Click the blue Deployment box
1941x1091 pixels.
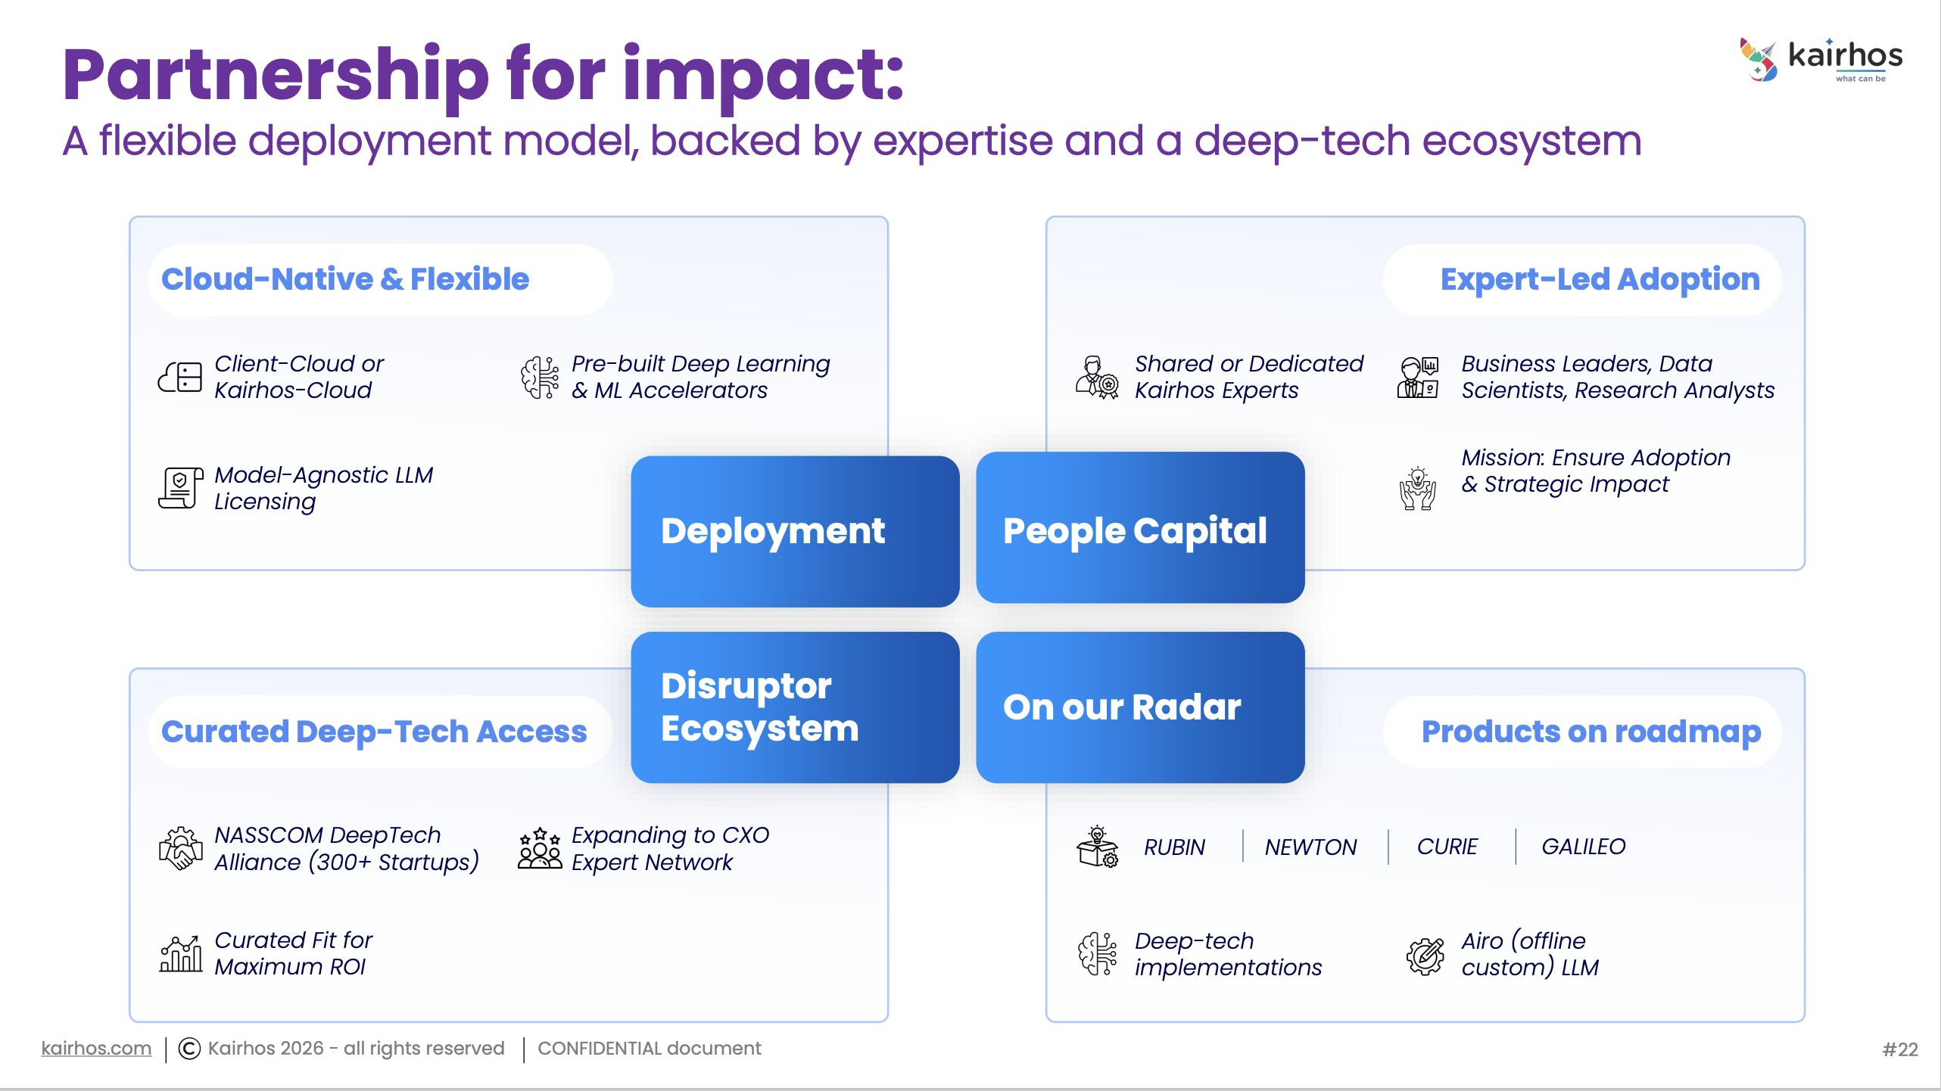795,531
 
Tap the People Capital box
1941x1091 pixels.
1140,528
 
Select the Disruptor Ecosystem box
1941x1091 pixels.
795,707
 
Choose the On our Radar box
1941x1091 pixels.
1140,707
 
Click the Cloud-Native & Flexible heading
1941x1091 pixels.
345,279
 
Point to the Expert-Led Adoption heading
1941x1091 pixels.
1600,279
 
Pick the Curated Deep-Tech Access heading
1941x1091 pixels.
374,732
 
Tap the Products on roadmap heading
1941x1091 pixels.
1590,732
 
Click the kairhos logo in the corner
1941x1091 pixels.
1820,59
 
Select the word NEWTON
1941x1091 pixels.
1310,847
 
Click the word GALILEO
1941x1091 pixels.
1583,847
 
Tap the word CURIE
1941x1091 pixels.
1447,847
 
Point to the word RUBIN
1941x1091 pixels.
1174,847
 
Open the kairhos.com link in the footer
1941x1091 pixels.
96,1049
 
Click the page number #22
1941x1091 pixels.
1899,1049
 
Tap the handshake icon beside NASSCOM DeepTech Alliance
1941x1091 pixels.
180,848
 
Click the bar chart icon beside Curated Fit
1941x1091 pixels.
180,953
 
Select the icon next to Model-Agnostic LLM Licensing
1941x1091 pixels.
180,488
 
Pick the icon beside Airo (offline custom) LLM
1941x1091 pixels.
1425,955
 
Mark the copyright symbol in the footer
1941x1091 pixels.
189,1049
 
